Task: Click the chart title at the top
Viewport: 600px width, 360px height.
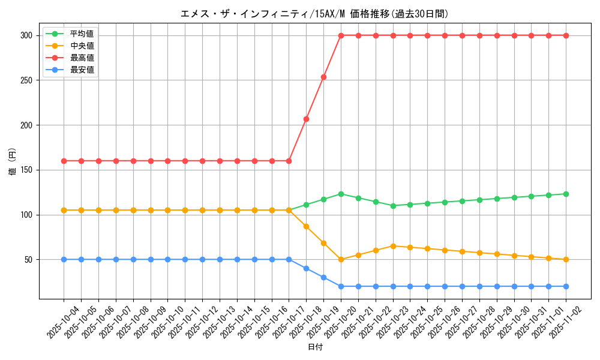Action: point(314,14)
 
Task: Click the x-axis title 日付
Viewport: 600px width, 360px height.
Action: point(314,347)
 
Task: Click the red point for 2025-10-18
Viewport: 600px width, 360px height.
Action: point(306,119)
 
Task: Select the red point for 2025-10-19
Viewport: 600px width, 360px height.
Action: point(323,77)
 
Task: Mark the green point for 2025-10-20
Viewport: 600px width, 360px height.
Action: point(341,194)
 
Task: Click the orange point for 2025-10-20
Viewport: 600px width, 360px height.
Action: point(341,260)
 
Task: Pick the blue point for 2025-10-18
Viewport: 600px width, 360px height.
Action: point(306,268)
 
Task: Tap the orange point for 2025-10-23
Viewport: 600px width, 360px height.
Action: point(393,246)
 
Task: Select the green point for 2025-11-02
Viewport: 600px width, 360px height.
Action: point(566,194)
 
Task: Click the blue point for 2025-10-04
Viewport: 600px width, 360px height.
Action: point(64,260)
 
